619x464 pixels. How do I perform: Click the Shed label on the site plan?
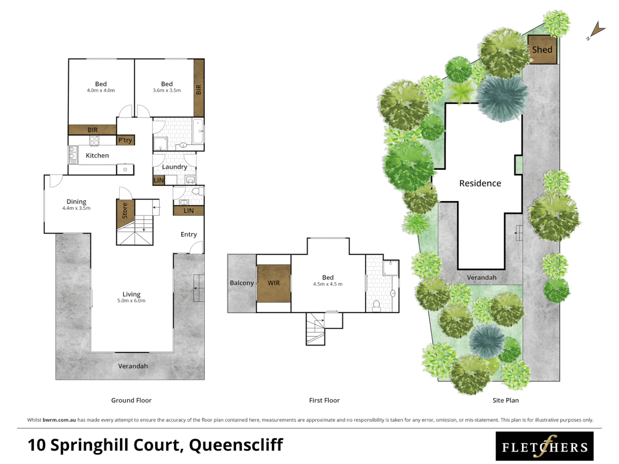click(542, 50)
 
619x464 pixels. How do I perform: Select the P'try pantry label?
click(125, 140)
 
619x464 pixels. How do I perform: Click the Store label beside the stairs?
click(125, 211)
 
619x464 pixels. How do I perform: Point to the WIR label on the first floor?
click(274, 283)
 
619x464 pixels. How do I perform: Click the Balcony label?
click(242, 283)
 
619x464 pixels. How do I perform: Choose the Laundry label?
click(174, 167)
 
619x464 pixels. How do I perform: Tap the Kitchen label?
click(97, 156)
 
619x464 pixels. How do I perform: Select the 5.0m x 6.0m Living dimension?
click(131, 301)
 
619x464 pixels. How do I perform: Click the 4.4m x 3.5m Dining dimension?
click(76, 208)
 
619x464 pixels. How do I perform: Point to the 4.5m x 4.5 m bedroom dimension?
click(328, 284)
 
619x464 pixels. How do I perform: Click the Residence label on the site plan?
click(480, 183)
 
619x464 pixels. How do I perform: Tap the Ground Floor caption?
click(131, 400)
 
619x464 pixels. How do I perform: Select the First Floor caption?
click(324, 400)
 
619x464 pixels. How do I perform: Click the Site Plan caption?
click(505, 400)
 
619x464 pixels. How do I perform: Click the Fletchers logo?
click(545, 446)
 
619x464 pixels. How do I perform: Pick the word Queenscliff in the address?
click(236, 445)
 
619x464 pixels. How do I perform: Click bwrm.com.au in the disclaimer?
click(59, 420)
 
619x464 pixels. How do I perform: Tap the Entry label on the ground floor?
click(188, 235)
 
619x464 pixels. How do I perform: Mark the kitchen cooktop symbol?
click(94, 140)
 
